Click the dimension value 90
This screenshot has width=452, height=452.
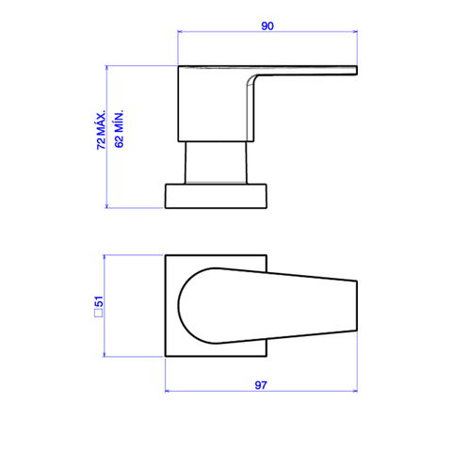(267, 26)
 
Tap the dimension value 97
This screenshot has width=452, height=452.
(261, 385)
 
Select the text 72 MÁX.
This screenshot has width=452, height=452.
(101, 130)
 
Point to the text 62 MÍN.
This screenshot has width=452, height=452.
(119, 129)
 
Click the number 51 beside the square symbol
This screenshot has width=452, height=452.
(99, 301)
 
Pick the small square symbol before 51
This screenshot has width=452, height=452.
(99, 314)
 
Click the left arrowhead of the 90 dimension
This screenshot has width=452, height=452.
(180, 31)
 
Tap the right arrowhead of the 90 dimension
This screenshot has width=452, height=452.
(355, 31)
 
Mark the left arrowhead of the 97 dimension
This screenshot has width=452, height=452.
(168, 391)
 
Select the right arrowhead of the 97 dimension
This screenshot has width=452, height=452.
(355, 391)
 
